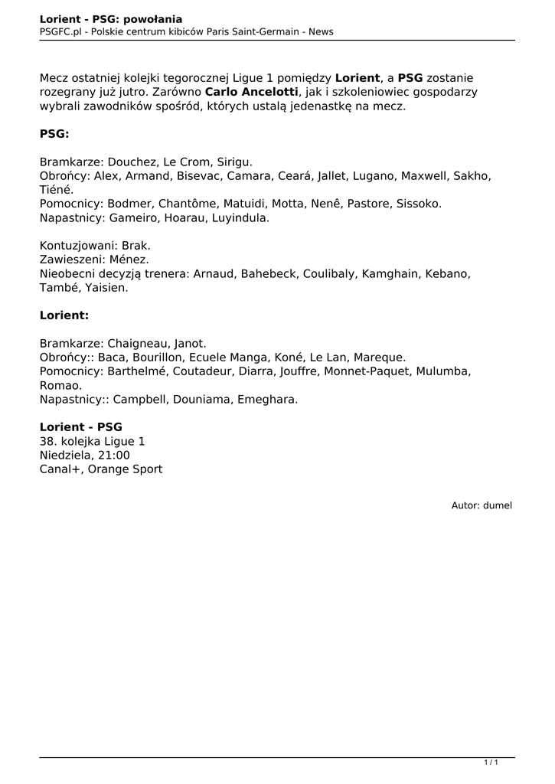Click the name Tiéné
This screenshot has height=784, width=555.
[x=57, y=190]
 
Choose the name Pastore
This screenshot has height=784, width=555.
[x=372, y=204]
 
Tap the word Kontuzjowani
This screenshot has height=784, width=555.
[x=77, y=246]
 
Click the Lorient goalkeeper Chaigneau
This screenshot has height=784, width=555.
[x=138, y=344]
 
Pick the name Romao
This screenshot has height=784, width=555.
[x=60, y=385]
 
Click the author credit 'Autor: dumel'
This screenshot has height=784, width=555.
[x=482, y=505]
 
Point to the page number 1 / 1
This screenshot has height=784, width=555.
[x=491, y=762]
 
